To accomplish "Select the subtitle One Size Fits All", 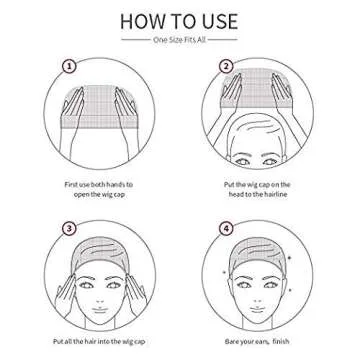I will pyautogui.click(x=179, y=41).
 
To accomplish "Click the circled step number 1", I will pyautogui.click(x=69, y=67).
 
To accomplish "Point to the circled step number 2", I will pyautogui.click(x=226, y=67).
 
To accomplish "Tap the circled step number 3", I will pyautogui.click(x=69, y=228).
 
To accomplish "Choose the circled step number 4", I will pyautogui.click(x=226, y=228).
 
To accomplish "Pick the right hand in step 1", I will pyautogui.click(x=124, y=106).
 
